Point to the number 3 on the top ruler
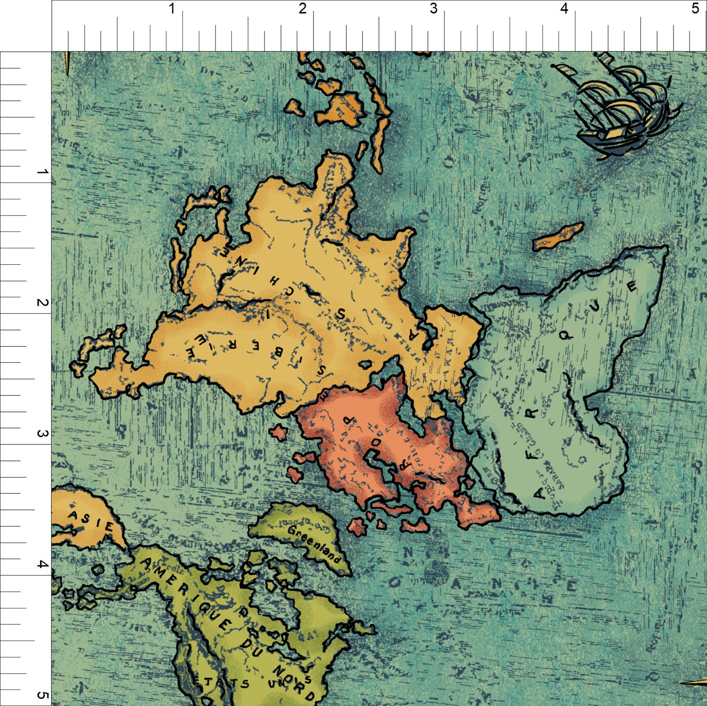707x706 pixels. pos(433,9)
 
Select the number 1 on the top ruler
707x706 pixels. pos(172,9)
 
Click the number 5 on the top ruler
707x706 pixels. pos(695,9)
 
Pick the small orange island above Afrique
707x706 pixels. pos(558,237)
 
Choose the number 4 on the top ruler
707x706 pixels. pos(564,9)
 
